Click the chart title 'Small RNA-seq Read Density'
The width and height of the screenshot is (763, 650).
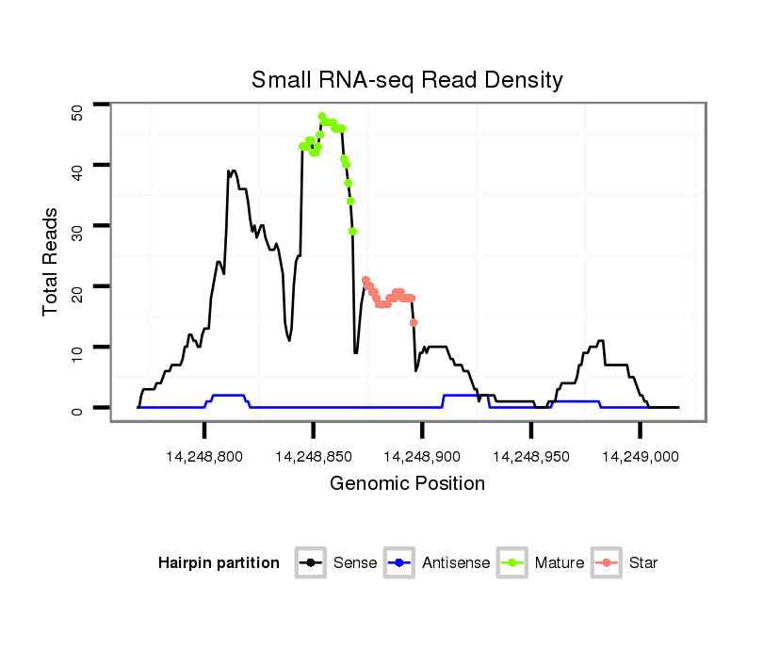[407, 80]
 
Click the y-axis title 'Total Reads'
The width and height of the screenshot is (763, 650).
[52, 262]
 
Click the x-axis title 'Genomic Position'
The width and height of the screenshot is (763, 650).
[407, 484]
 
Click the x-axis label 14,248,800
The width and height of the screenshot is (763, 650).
[204, 456]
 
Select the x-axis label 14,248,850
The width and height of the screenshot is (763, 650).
[314, 456]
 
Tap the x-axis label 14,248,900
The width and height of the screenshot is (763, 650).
[422, 456]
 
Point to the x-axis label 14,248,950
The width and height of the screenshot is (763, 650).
[531, 456]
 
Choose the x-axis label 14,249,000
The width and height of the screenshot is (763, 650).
[640, 456]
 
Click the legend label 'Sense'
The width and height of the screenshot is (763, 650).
[355, 563]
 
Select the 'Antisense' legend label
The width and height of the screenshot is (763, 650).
[456, 563]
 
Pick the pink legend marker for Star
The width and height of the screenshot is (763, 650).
[607, 563]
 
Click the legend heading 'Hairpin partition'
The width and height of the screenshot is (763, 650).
[219, 563]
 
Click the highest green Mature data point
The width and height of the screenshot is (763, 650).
[322, 117]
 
